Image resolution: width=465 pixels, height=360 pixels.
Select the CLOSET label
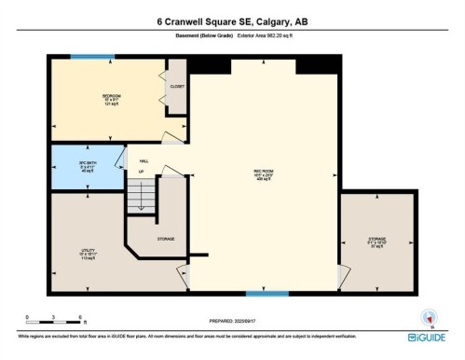point(177,87)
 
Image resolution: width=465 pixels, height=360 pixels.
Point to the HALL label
point(143,160)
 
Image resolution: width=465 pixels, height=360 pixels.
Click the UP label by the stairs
point(141,172)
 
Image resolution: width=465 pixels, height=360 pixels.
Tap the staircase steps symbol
point(140,196)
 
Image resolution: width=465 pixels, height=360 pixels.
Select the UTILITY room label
point(89,250)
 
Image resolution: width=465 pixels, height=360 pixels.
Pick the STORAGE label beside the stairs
point(165,239)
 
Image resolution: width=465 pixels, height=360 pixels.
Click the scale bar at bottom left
point(54,323)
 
